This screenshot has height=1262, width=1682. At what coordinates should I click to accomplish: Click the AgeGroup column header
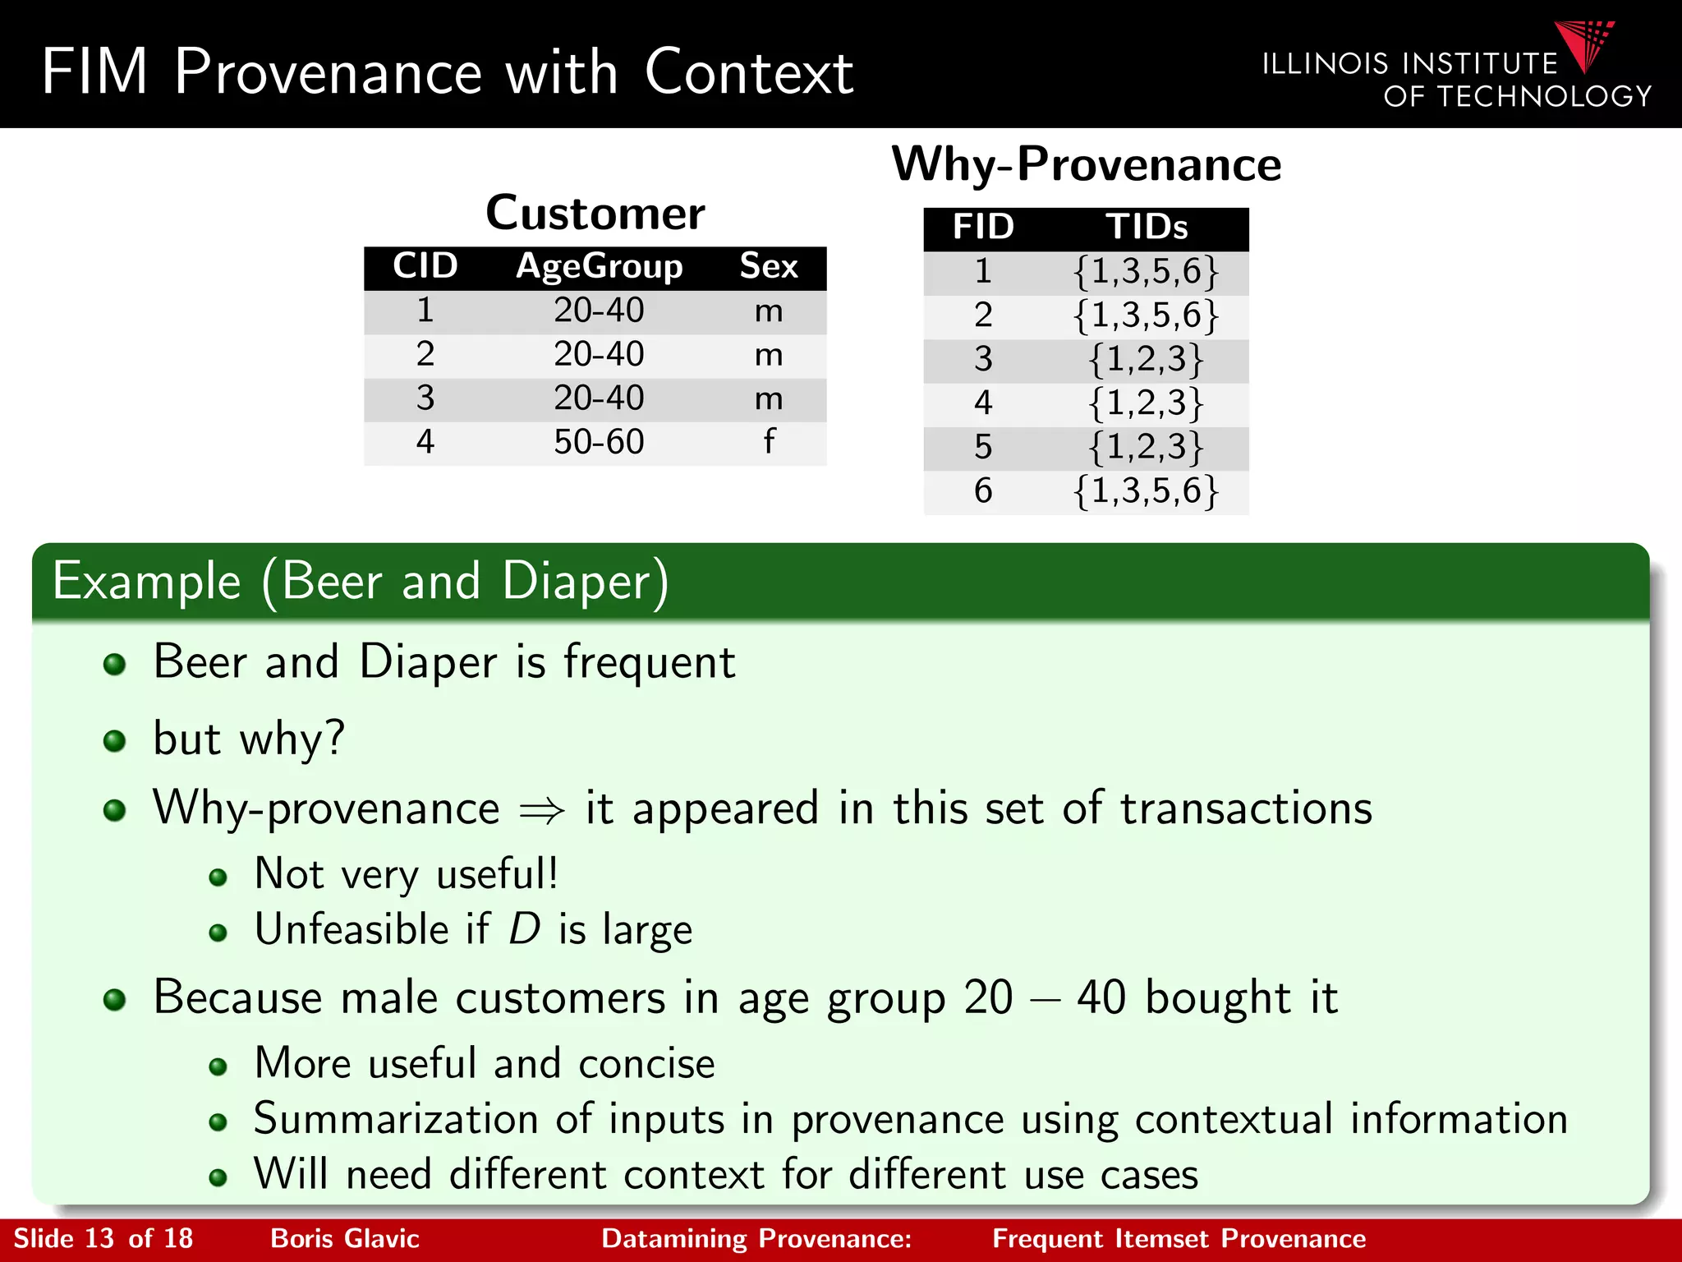[x=599, y=267]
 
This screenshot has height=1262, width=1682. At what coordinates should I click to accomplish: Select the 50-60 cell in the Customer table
[x=599, y=442]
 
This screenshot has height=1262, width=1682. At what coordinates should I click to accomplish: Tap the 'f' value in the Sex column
[x=769, y=442]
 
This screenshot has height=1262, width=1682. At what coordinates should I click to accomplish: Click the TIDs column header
[x=1147, y=228]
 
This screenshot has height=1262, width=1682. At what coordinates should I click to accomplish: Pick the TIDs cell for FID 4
[x=1147, y=403]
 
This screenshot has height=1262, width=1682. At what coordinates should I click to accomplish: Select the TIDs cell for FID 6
[x=1147, y=491]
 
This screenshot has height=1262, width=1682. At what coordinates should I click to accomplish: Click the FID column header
[x=983, y=228]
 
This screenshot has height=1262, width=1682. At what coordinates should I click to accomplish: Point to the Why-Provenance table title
[x=1086, y=164]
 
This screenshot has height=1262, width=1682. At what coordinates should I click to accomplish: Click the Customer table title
[x=595, y=214]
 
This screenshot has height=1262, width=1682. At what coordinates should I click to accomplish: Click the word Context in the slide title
[x=748, y=72]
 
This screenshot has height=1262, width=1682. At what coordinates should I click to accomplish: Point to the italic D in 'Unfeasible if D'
[x=524, y=929]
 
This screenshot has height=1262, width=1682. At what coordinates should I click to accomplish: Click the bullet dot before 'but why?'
[x=115, y=741]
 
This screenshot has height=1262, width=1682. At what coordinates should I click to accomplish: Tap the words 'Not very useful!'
[x=407, y=873]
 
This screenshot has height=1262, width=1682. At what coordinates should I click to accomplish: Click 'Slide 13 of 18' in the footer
[x=103, y=1238]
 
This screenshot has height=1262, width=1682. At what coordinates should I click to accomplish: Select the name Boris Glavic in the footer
[x=345, y=1238]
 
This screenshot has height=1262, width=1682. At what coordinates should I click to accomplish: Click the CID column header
[x=425, y=267]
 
